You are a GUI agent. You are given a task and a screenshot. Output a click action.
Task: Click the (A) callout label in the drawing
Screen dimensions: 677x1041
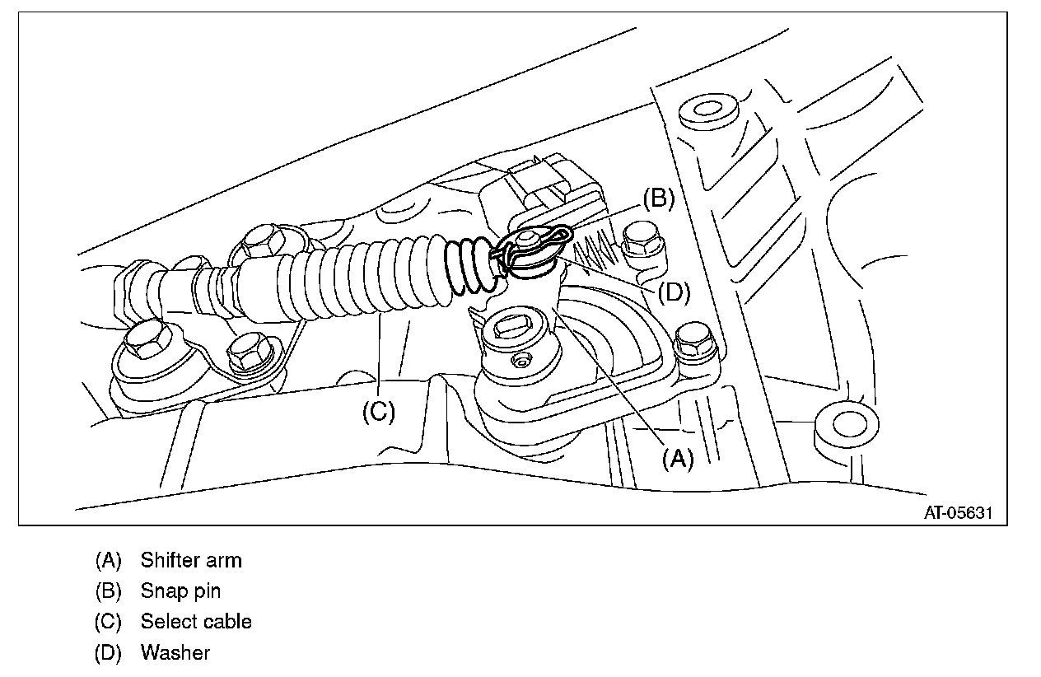679,459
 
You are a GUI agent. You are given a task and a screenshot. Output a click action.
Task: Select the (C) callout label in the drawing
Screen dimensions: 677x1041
379,411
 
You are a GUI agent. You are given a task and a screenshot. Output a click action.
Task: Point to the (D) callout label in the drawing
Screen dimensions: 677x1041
673,292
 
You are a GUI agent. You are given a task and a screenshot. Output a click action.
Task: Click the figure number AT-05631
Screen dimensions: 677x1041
959,512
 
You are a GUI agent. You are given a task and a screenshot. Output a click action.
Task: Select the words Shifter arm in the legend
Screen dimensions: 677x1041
191,561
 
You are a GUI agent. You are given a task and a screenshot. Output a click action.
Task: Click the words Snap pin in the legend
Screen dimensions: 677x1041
180,591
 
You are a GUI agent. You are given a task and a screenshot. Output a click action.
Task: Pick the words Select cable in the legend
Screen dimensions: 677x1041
196,622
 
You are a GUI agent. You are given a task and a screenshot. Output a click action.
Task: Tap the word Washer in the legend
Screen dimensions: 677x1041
175,653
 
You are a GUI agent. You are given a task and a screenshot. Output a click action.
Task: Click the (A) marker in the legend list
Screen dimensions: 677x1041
109,561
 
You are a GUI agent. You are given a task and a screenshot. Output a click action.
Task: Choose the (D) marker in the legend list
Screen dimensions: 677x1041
109,653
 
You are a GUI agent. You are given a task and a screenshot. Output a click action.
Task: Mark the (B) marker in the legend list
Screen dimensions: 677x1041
109,591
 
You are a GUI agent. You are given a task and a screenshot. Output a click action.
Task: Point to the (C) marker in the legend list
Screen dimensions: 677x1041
109,622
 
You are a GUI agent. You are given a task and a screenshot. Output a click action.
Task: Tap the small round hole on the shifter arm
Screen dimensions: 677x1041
520,361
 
